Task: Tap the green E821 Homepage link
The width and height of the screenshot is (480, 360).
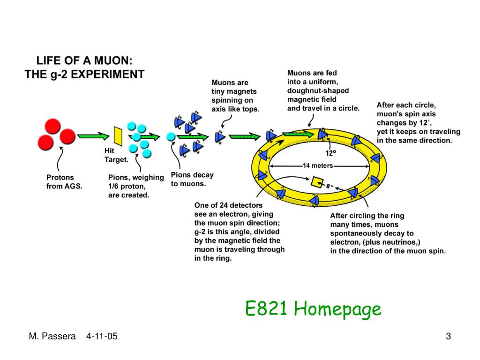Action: coord(313,309)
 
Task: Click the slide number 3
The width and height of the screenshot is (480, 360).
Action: coord(448,336)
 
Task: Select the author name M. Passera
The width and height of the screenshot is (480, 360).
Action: coord(52,336)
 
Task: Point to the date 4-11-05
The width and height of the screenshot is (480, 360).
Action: coord(102,336)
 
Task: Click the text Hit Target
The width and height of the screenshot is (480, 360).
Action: coord(116,156)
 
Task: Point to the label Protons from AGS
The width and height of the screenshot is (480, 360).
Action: coord(64,182)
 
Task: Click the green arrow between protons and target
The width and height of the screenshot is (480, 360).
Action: coord(93,136)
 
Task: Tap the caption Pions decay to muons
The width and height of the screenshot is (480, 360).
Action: coord(192,179)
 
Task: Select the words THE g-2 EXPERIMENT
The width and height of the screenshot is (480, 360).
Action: coord(84,74)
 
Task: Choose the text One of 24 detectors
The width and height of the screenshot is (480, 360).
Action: coord(228,205)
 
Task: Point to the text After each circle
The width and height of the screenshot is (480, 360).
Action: coord(406,105)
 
